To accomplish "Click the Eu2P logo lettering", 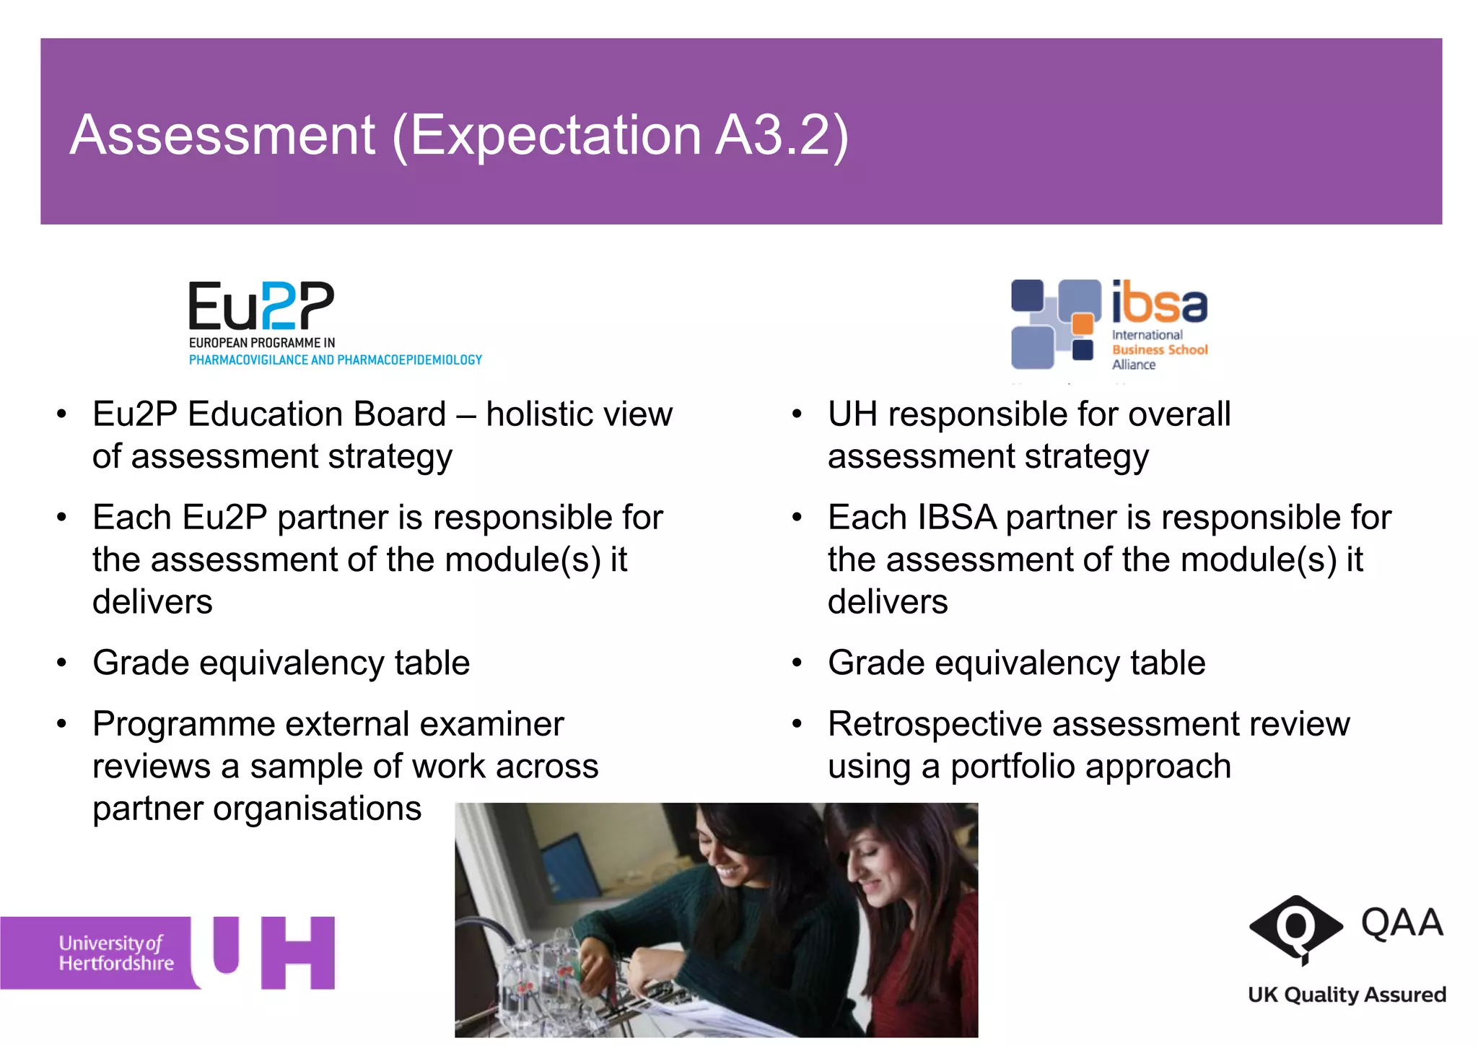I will click(x=261, y=306).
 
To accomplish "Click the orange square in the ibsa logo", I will click(x=1082, y=323).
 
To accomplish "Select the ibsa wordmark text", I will click(x=1159, y=303).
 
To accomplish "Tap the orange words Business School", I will click(x=1159, y=349).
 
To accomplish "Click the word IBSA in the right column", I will click(x=957, y=518).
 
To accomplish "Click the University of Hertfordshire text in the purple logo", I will click(x=116, y=953).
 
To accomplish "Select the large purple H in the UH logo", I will click(x=297, y=953).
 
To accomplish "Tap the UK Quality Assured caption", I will click(x=1347, y=995).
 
